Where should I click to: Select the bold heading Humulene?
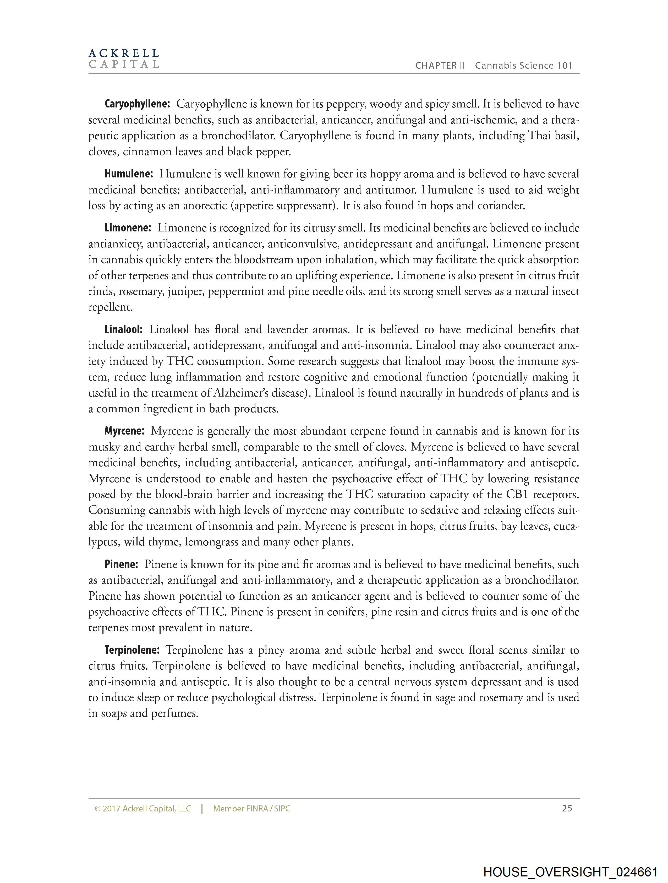(x=129, y=174)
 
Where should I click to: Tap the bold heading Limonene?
(x=128, y=228)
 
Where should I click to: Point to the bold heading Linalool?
(x=124, y=330)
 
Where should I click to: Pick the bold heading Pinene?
(x=121, y=565)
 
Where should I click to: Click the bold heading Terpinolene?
(x=132, y=650)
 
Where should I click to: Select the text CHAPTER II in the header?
(x=440, y=66)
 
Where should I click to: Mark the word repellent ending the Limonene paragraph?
(x=110, y=307)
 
